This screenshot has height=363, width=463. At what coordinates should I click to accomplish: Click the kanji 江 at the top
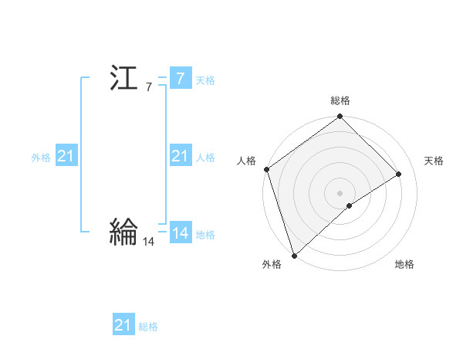pos(124,80)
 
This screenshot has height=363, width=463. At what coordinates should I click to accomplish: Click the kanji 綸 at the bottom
pos(124,232)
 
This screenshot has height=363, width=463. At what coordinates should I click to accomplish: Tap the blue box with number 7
pos(180,79)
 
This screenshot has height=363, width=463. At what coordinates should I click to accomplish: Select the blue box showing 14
pos(180,233)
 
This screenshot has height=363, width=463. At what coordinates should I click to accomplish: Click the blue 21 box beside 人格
pos(180,156)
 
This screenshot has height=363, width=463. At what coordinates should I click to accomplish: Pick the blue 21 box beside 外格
pos(66,157)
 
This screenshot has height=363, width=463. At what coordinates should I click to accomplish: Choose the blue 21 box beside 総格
pos(123,325)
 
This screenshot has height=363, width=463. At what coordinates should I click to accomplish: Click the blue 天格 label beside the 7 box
pos(205,80)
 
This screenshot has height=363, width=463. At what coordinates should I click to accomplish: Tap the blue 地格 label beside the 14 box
pos(205,235)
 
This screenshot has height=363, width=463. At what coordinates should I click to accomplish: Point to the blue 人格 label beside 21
pos(205,158)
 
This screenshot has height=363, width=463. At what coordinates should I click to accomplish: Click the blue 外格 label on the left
pos(41,158)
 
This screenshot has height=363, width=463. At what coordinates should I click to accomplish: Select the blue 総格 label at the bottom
pos(148,327)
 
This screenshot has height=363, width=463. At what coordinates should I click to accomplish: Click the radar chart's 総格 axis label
pos(340,100)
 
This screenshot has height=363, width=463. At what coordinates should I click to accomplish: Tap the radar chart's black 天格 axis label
pos(434,161)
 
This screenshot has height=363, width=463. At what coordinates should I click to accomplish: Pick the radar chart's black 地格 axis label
pos(404,265)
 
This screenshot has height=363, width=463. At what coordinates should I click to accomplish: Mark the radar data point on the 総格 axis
pos(340,117)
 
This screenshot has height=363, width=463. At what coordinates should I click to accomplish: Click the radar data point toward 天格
pos(399,174)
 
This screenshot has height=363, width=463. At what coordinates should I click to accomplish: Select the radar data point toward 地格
pos(350,205)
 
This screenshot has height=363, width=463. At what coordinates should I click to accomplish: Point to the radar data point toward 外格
pos(294,255)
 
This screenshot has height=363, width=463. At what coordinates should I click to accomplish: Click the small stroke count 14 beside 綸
pos(149,242)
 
